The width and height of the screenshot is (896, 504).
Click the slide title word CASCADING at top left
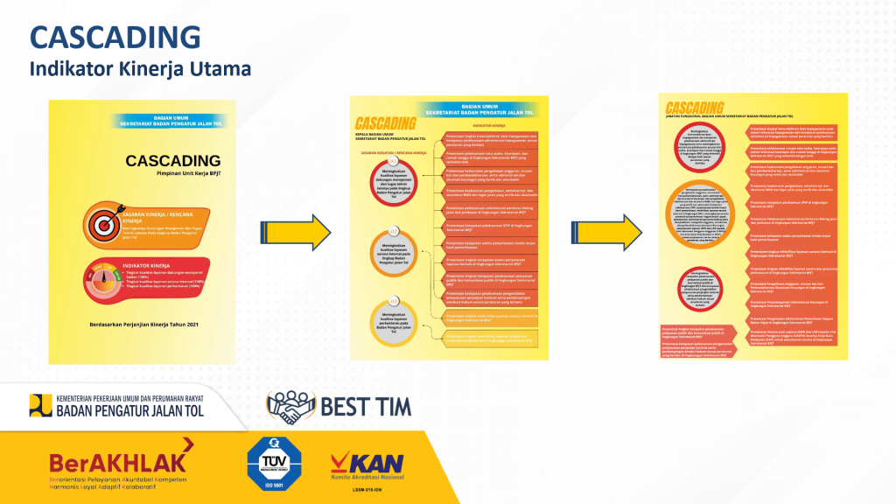pyautogui.click(x=115, y=37)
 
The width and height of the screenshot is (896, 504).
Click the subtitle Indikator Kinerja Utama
pyautogui.click(x=140, y=68)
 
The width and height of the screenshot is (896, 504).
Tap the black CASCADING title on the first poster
pyautogui.click(x=172, y=161)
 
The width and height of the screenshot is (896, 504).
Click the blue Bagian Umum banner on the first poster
pyautogui.click(x=171, y=121)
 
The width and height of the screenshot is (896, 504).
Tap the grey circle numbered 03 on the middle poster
pyautogui.click(x=394, y=320)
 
